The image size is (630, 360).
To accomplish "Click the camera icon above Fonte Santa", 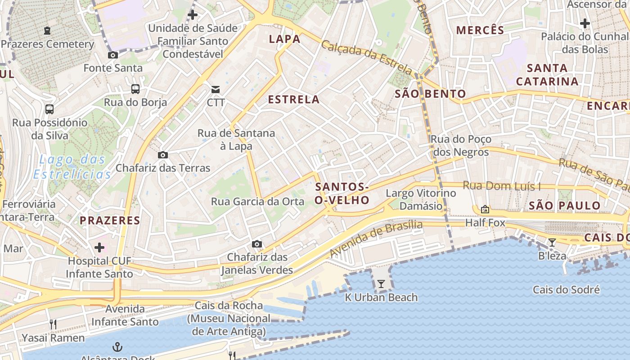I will point(112,55).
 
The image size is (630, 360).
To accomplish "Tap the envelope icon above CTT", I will point(216,89).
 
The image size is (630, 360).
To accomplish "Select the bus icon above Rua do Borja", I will point(135,89).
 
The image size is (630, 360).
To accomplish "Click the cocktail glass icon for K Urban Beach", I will point(381,284).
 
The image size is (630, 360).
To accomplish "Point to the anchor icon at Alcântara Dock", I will point(117,347).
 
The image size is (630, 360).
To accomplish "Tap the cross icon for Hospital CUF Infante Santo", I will point(99,247).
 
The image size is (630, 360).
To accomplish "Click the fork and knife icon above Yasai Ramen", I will point(53,324).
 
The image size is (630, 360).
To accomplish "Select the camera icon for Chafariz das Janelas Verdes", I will point(257,244).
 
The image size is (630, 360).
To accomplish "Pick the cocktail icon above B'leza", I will point(552,243).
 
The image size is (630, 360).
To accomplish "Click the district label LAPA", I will point(284,39).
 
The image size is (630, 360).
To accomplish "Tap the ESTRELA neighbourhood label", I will point(294,99).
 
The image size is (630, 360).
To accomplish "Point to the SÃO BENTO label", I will point(430,94).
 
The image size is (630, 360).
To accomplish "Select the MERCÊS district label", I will point(480,31).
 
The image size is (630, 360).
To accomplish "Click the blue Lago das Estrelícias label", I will point(72,166).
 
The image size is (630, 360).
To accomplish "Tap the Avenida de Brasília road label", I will point(376,238).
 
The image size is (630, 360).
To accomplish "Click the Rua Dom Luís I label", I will point(501,186).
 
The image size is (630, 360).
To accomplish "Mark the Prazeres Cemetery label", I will point(47,44).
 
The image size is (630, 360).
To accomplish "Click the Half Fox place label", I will point(485,223).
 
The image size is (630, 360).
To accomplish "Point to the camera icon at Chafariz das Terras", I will point(162,155).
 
